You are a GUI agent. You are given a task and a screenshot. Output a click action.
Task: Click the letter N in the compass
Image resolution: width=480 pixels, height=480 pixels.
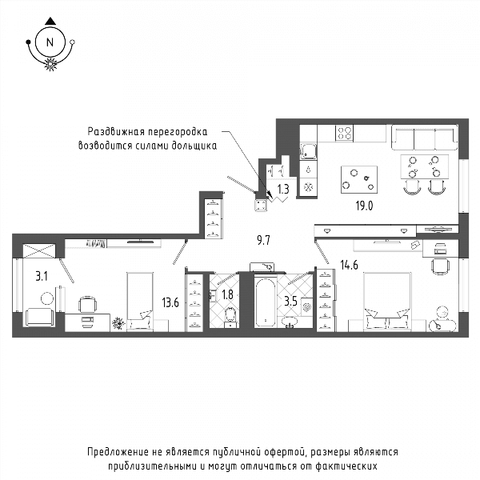(50, 42)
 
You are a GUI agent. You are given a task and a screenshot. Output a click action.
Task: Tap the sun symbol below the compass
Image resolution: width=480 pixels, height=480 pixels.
(51, 64)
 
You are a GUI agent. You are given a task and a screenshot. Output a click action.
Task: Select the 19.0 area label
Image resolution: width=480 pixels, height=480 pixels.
(364, 206)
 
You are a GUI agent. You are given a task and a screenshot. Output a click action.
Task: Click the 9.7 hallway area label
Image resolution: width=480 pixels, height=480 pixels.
(263, 241)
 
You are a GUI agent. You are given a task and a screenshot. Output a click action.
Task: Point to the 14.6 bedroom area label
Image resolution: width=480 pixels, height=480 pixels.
(350, 265)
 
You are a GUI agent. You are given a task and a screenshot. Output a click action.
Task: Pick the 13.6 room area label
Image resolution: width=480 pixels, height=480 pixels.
(170, 303)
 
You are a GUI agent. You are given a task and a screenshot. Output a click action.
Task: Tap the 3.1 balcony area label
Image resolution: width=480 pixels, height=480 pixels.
(42, 277)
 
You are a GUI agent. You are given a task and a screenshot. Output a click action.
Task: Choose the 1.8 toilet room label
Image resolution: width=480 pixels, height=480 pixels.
(227, 294)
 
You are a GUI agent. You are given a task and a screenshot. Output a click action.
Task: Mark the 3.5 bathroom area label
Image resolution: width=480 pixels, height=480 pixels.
(291, 302)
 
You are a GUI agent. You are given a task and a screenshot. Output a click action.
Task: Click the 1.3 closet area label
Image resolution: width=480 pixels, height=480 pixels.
(283, 189)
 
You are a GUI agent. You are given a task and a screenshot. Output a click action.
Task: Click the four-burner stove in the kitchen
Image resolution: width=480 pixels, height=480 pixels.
(344, 133)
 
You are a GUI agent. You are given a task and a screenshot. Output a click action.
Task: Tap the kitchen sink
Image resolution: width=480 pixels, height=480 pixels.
(308, 151)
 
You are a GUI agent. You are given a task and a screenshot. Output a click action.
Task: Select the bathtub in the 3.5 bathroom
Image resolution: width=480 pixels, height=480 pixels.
(265, 302)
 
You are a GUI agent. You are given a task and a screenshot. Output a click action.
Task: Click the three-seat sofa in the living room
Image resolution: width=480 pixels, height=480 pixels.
(425, 138)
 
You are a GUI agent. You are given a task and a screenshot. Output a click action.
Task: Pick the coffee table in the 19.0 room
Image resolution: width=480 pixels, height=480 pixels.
(359, 179)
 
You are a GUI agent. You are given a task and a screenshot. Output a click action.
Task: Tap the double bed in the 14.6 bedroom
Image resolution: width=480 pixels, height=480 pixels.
(387, 302)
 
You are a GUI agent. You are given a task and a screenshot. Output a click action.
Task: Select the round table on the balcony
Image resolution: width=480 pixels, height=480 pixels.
(47, 298)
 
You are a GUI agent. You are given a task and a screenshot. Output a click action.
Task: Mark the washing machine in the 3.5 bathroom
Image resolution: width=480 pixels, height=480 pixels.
(306, 306)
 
